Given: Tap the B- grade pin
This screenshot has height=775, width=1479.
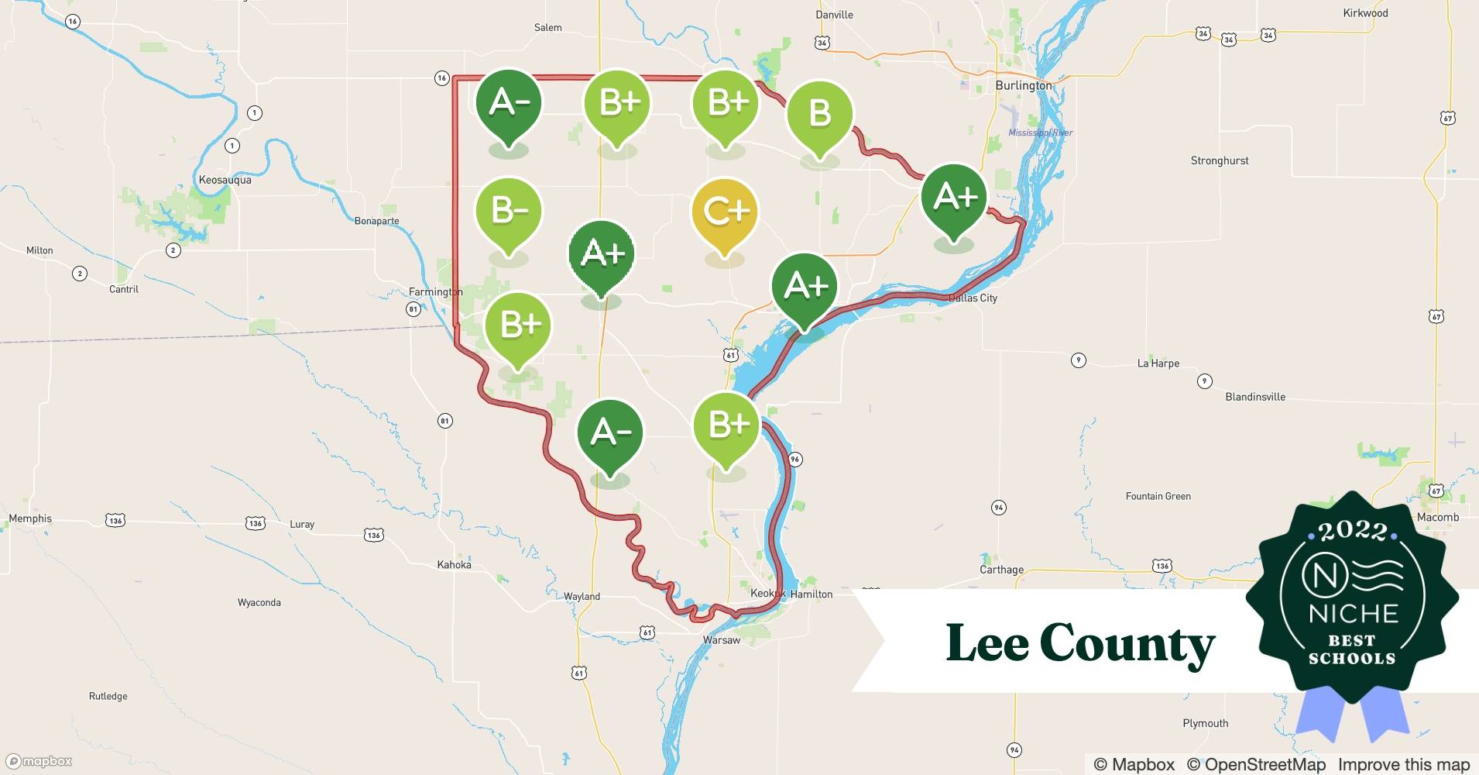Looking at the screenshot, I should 508,212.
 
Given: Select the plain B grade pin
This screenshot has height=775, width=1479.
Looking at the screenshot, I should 819,114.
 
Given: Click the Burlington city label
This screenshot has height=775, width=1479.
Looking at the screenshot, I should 1024,85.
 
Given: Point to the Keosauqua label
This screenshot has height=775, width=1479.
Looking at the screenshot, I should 225,180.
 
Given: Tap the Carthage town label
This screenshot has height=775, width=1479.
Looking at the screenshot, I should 1001,570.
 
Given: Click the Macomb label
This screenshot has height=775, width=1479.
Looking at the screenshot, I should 1437,517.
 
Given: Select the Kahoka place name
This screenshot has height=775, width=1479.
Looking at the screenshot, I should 454,564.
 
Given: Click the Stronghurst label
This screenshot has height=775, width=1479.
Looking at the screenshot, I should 1220,160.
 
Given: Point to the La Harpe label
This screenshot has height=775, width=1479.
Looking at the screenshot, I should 1158,363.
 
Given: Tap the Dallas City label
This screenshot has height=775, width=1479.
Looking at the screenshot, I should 973,298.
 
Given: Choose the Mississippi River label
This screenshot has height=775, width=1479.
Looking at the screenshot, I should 1040,133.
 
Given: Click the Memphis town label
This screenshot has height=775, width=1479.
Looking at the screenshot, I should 30,518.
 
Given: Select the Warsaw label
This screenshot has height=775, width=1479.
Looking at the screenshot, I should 721,640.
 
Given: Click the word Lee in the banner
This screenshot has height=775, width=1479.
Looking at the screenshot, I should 987,643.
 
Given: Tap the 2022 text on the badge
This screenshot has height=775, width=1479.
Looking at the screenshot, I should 1353,531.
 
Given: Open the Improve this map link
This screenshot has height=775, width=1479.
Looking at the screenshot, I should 1403,764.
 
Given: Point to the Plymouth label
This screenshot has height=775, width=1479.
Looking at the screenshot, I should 1205,723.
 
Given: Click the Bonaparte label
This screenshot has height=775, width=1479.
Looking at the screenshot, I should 376,221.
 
